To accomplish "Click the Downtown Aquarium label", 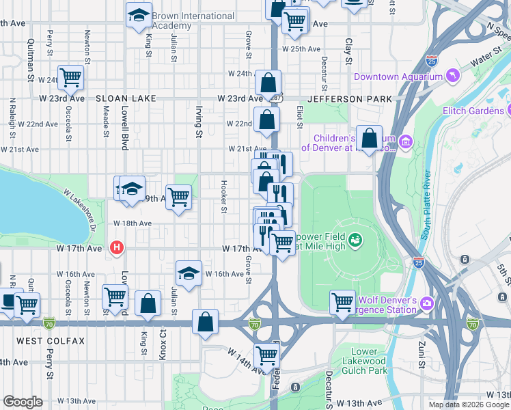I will tap(395, 77).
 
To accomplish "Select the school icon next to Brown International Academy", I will tap(139, 16).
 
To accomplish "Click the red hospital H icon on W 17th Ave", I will tap(118, 247).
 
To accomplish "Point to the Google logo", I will tap(23, 401).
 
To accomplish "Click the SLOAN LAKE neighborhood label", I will tap(127, 98).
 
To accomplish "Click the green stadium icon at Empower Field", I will tap(355, 239).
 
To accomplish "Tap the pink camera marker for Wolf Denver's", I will tap(427, 302).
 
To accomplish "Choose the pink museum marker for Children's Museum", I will tap(406, 142).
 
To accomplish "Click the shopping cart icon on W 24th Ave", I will tap(70, 78).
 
